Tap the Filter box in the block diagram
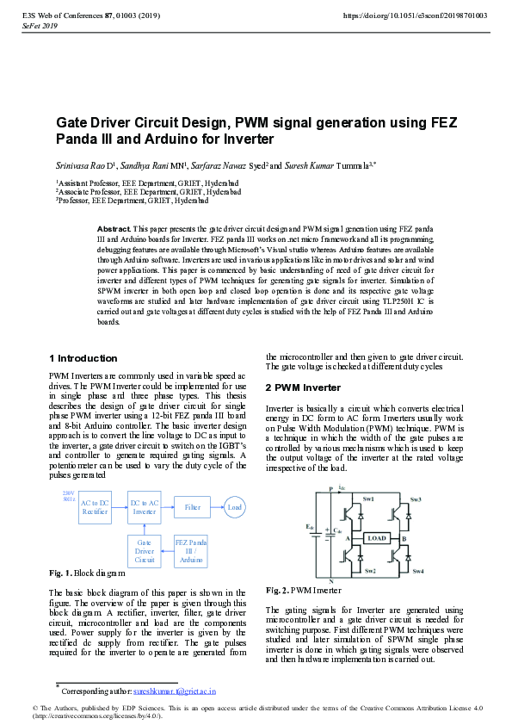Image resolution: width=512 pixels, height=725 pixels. pyautogui.click(x=192, y=508)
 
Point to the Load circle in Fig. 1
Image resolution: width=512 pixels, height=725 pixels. pyautogui.click(x=234, y=508)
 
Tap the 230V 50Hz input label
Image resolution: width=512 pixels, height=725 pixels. pyautogui.click(x=69, y=496)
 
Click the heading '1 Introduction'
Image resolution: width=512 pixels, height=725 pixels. pyautogui.click(x=83, y=358)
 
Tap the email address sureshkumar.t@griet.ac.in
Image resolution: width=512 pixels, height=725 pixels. pyautogui.click(x=175, y=691)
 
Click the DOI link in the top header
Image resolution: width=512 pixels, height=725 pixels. pyautogui.click(x=415, y=15)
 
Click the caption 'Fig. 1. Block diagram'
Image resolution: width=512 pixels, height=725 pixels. pyautogui.click(x=87, y=573)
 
